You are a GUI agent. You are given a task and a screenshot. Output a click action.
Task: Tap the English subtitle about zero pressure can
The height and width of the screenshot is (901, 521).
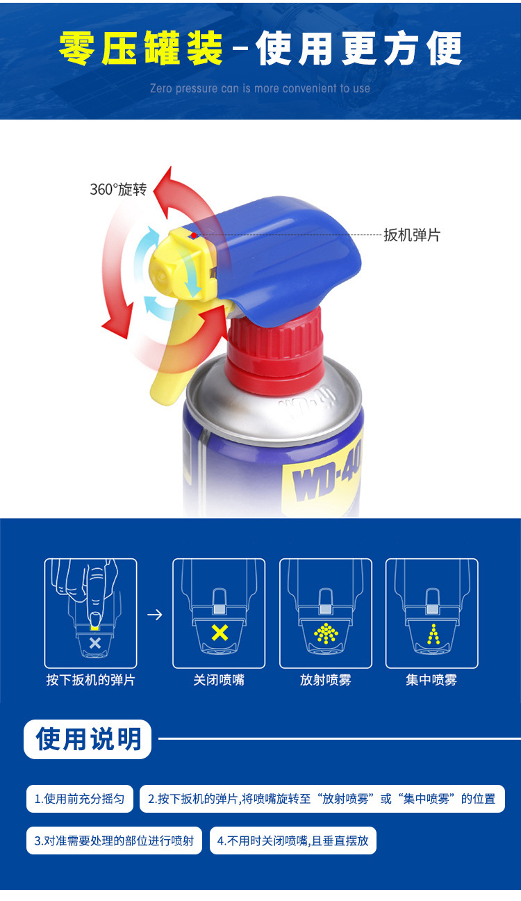pyautogui.click(x=260, y=88)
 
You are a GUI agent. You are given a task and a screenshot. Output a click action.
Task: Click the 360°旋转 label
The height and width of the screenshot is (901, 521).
pyautogui.click(x=118, y=189)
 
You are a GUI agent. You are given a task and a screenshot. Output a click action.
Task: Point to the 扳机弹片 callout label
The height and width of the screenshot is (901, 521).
pyautogui.click(x=412, y=235)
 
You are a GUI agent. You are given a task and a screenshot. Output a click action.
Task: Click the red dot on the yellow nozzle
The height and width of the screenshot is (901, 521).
pyautogui.click(x=194, y=235)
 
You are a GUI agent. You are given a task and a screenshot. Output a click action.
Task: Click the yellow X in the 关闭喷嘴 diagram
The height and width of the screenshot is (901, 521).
pyautogui.click(x=220, y=633)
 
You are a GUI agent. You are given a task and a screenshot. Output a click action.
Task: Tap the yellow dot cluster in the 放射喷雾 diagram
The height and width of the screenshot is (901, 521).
pyautogui.click(x=326, y=633)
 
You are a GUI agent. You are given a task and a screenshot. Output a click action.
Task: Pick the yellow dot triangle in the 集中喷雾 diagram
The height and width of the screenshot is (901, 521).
pyautogui.click(x=433, y=634)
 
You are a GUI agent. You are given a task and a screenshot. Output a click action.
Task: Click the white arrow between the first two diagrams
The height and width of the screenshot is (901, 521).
pyautogui.click(x=155, y=615)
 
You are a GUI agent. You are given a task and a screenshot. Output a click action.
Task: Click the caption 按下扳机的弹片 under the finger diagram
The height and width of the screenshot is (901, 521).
pyautogui.click(x=90, y=680)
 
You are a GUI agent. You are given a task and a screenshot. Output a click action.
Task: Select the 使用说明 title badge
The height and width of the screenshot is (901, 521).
pyautogui.click(x=88, y=739)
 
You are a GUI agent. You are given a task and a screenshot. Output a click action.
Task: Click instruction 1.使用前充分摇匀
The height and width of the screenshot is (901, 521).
pyautogui.click(x=80, y=798)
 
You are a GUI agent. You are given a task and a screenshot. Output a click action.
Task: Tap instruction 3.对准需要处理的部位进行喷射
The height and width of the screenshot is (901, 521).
pyautogui.click(x=114, y=841)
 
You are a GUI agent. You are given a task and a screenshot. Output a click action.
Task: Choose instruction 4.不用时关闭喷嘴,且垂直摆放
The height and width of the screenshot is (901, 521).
pyautogui.click(x=293, y=841)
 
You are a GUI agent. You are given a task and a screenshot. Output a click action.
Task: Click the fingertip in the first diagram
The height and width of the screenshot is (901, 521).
pyautogui.click(x=95, y=619)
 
